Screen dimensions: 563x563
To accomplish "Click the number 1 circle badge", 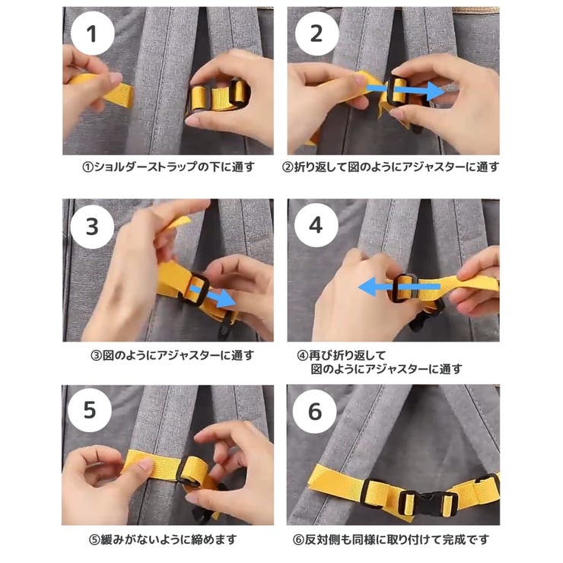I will tap(92, 34).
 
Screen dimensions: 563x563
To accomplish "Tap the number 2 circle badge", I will tap(316, 34).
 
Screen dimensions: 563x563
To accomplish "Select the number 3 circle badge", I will tap(92, 226).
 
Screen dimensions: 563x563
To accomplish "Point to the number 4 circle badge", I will tap(316, 226).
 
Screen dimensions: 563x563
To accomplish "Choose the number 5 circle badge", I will tap(92, 412).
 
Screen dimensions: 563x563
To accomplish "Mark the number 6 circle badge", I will tap(316, 412).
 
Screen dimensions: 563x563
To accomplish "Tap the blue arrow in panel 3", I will tap(212, 294).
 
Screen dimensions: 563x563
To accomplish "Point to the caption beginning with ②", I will tap(391, 167).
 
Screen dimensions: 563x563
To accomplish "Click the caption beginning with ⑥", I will tap(391, 539).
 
